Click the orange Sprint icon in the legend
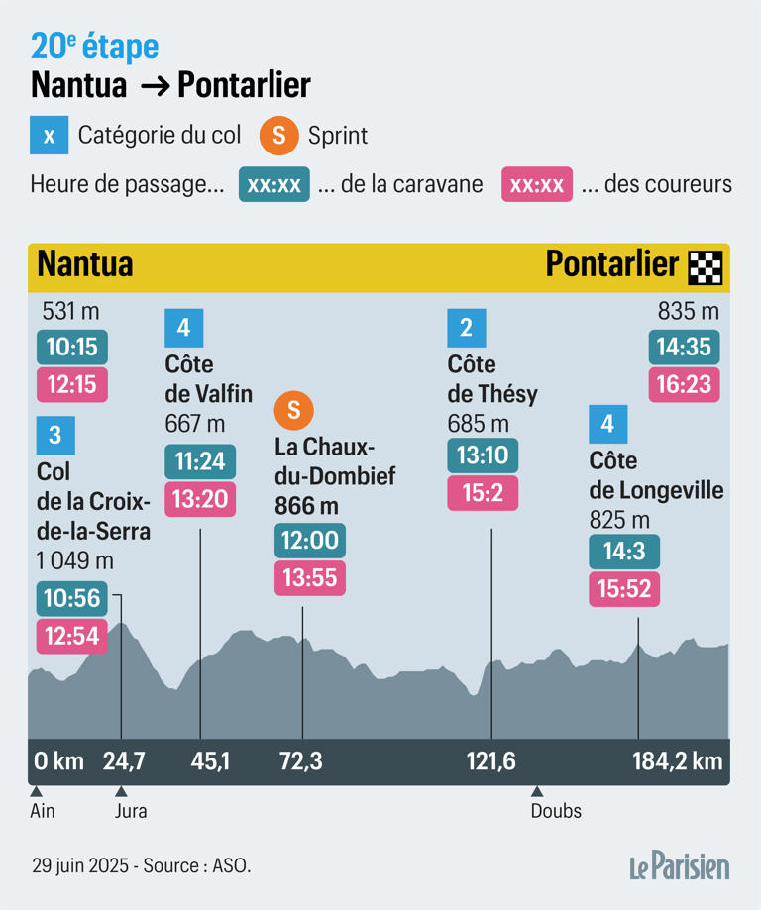click(279, 136)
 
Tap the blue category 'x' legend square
click(49, 136)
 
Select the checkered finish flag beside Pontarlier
click(705, 266)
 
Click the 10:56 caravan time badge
click(72, 598)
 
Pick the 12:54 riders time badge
click(72, 636)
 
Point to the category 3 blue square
click(54, 434)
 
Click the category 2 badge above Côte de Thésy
click(466, 327)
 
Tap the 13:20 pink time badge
click(200, 499)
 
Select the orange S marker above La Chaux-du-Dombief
click(293, 409)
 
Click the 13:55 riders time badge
click(310, 578)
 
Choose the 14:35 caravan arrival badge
click(684, 348)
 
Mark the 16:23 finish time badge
click(684, 384)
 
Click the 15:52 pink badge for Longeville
click(624, 589)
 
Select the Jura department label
click(131, 811)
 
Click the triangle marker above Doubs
click(536, 791)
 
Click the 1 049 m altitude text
click(74, 561)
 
